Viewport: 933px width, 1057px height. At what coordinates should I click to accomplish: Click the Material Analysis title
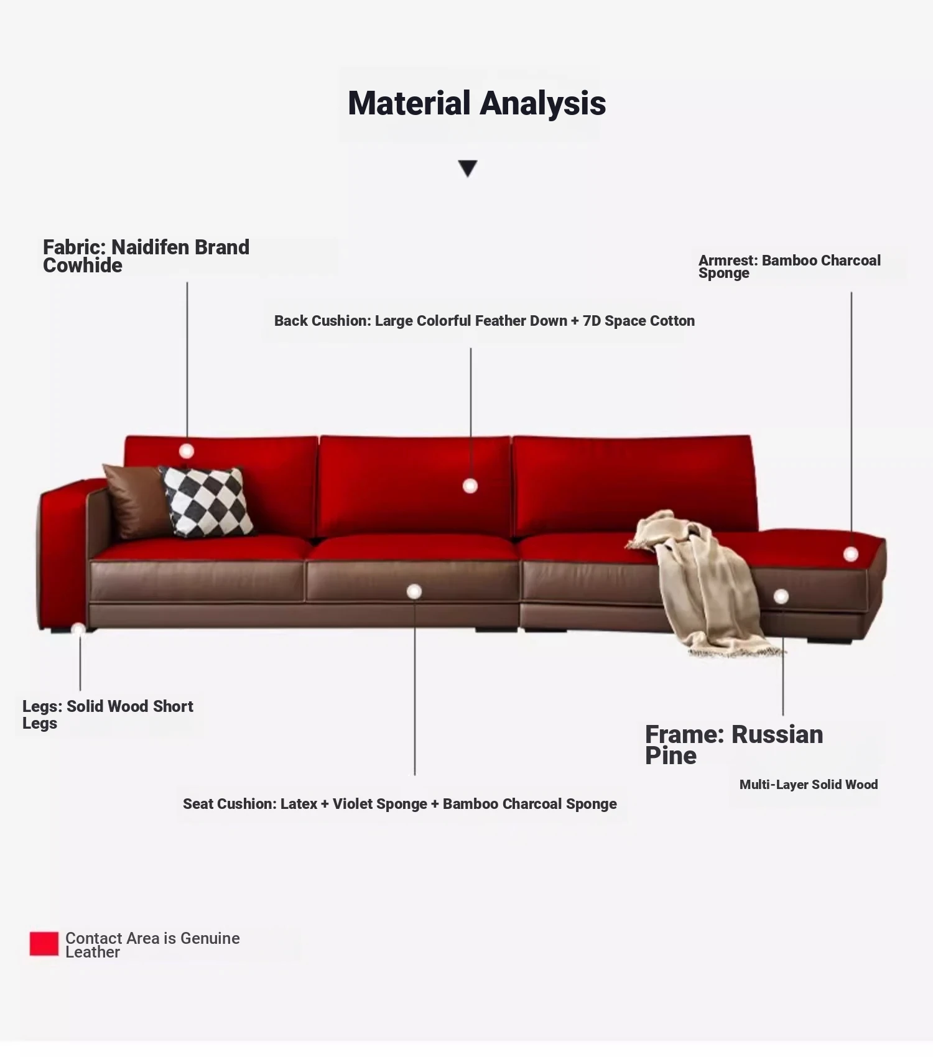click(476, 103)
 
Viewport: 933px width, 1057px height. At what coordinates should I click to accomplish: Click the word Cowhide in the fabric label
click(83, 265)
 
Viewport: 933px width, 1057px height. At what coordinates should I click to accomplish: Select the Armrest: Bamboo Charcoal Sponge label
click(789, 267)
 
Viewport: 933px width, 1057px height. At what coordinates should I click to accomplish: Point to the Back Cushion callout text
click(485, 321)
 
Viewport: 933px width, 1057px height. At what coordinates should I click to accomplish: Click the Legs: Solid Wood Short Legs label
click(108, 714)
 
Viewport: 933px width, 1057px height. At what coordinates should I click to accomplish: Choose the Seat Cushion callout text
click(400, 804)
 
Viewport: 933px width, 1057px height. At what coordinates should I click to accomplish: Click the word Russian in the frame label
click(777, 734)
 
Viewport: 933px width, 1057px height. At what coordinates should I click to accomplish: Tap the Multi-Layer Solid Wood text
click(809, 785)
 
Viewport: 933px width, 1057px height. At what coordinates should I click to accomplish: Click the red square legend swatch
click(44, 944)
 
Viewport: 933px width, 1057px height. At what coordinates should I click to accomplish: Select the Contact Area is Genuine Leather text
click(152, 945)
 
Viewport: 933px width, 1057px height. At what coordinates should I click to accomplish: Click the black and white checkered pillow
click(207, 501)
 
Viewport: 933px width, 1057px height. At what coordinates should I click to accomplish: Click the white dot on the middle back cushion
click(470, 486)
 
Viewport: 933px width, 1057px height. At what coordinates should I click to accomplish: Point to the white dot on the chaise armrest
click(851, 554)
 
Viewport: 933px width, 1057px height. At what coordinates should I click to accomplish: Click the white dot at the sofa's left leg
click(78, 629)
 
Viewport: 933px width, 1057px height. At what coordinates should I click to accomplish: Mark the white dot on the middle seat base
click(414, 592)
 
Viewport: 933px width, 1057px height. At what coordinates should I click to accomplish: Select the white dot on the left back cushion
click(187, 451)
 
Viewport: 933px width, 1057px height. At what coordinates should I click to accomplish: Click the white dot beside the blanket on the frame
click(781, 597)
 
